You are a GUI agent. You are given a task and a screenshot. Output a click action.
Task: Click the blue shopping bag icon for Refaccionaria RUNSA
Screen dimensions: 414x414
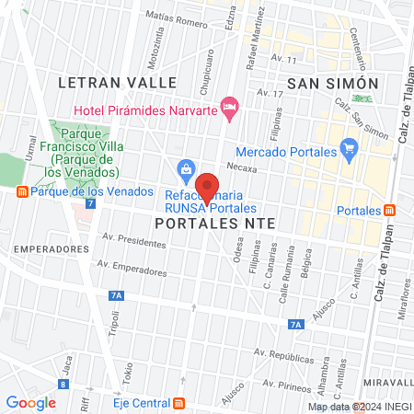click(x=186, y=168)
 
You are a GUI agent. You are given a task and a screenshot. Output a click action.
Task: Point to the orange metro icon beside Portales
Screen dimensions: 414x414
click(x=390, y=211)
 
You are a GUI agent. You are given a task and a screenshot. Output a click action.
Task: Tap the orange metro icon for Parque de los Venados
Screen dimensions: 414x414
click(x=21, y=191)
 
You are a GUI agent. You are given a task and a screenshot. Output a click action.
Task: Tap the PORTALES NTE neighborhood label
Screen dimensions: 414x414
click(x=215, y=224)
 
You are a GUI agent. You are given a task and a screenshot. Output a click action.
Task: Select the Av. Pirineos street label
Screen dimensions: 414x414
click(x=275, y=377)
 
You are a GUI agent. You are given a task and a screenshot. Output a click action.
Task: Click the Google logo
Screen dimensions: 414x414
click(x=30, y=402)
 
